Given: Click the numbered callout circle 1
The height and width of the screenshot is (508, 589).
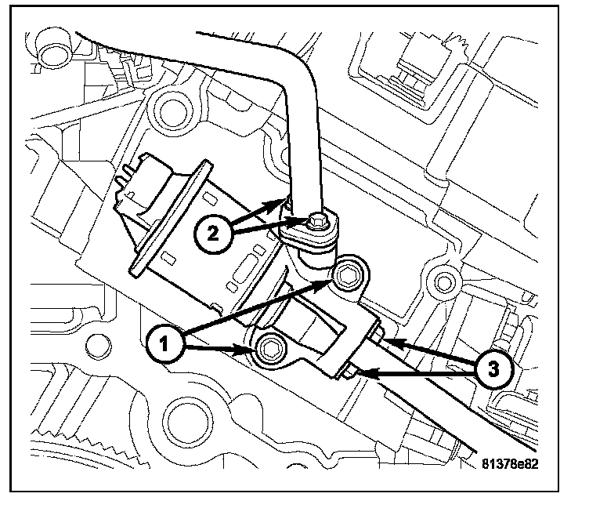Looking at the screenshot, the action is [x=164, y=344].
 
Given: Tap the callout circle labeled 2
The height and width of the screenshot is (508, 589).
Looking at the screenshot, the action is [x=212, y=234].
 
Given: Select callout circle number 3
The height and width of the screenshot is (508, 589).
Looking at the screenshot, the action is [x=493, y=369].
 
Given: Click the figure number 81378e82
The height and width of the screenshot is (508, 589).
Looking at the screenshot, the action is [x=510, y=463].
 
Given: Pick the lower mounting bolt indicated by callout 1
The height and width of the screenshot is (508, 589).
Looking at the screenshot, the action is [x=269, y=350].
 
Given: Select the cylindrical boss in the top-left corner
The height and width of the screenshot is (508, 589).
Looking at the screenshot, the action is [x=55, y=48].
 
